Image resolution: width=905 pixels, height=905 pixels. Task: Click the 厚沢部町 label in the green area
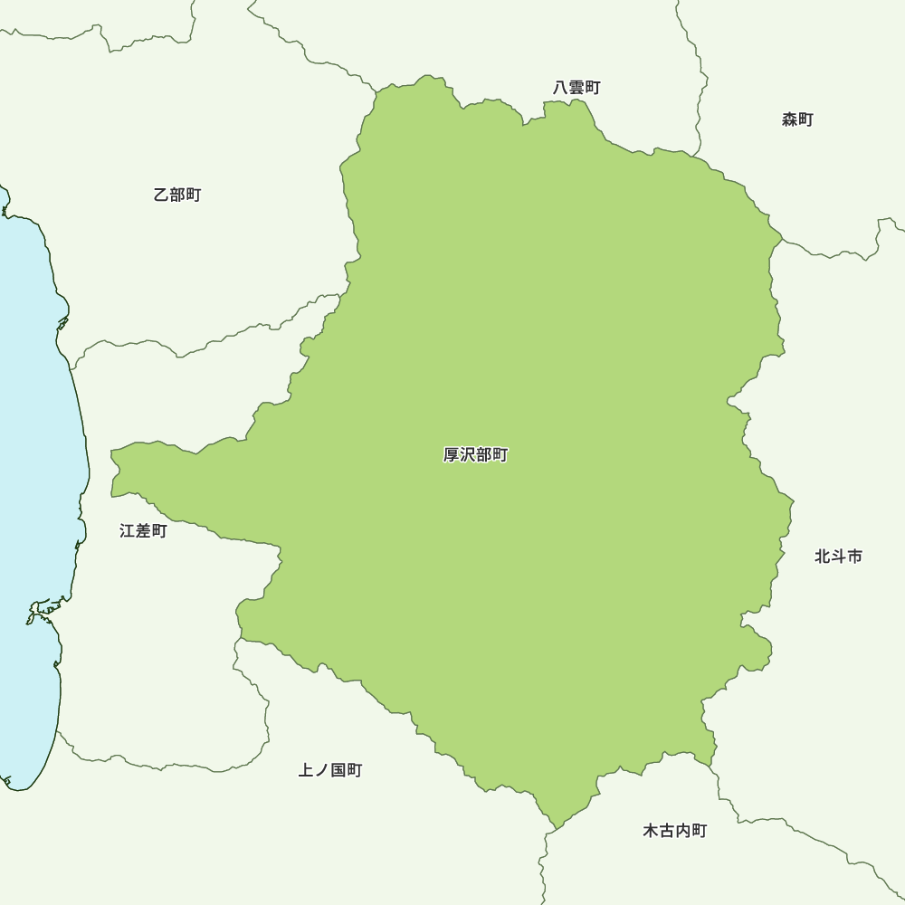[x=475, y=455]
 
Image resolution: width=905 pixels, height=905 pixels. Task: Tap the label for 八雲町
[x=576, y=88]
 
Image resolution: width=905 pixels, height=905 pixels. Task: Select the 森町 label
[x=797, y=119]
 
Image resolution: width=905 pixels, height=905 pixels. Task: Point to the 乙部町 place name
[x=177, y=195]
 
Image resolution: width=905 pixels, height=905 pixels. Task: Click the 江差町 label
[x=143, y=531]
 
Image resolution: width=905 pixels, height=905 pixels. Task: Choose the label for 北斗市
[x=838, y=557]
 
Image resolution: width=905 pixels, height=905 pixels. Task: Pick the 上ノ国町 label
[x=330, y=770]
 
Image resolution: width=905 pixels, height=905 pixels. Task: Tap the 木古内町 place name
[x=674, y=831]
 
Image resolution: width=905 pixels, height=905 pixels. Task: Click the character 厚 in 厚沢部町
[x=452, y=455]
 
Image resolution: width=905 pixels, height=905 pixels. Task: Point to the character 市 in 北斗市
[x=854, y=557]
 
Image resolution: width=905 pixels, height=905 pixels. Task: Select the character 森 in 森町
[x=790, y=119]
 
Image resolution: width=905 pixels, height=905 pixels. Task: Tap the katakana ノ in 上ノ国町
[x=322, y=770]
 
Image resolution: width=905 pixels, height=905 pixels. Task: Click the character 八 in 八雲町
[x=561, y=88]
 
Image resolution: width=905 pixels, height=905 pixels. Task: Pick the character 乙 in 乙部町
[x=162, y=195]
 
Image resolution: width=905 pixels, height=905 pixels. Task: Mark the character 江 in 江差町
[x=128, y=531]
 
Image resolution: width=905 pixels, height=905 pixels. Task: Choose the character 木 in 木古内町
[x=651, y=831]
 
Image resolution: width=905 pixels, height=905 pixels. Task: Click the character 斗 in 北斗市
[x=838, y=557]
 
